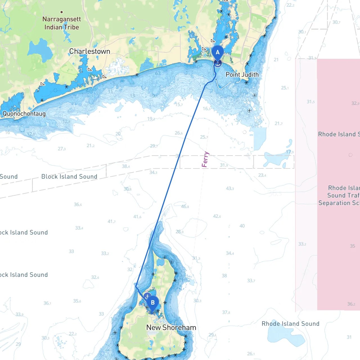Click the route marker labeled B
[x=153, y=303]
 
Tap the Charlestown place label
[x=90, y=51]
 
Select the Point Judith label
[x=242, y=75]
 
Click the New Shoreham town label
[x=171, y=327]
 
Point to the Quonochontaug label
[x=24, y=114]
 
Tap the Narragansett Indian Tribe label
[x=62, y=23]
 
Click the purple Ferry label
[x=205, y=159]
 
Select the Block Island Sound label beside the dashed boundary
[x=69, y=176]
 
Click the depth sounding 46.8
[x=185, y=206]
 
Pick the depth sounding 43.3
[x=230, y=188]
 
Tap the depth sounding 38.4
[x=126, y=166]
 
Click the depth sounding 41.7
[x=111, y=222]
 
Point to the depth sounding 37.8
[x=226, y=312]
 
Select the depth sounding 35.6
[x=77, y=301]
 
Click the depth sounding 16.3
[x=206, y=109]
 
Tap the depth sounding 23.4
[x=262, y=175]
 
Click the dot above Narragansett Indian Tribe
[x=62, y=12]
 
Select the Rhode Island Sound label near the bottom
[x=291, y=324]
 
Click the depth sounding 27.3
[x=62, y=149]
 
